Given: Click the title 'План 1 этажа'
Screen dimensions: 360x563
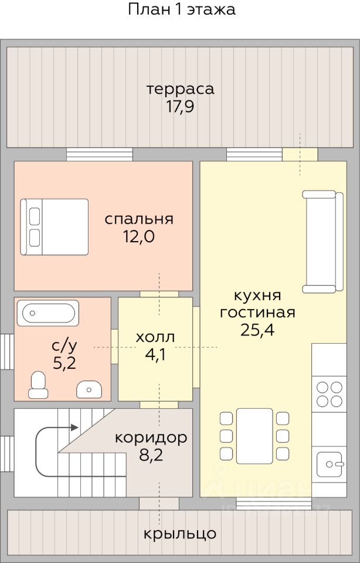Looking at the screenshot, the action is (182, 9).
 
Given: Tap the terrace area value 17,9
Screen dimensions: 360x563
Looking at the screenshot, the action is (180, 107).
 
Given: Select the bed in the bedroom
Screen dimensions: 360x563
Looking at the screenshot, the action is (54, 227).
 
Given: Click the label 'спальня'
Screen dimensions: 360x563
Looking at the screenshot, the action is (139, 219).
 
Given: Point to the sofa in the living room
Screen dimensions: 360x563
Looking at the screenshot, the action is (322, 242).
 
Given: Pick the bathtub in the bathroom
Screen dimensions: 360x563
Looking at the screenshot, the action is (47, 313).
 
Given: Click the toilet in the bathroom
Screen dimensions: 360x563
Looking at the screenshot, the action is (38, 385).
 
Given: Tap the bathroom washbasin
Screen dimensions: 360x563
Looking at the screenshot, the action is (89, 389).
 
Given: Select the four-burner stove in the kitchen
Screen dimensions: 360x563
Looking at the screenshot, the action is (329, 394).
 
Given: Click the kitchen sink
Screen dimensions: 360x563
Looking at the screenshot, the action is (329, 464).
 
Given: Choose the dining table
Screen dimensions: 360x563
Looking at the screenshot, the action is (254, 436).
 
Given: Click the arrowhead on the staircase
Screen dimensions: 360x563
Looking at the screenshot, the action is (74, 428).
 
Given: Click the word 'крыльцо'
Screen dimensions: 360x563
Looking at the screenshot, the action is (180, 534).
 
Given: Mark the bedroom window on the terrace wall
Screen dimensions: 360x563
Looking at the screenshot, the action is (100, 154).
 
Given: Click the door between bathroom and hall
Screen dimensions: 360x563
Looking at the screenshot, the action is (114, 347).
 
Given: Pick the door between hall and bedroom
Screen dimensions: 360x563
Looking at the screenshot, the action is (159, 294).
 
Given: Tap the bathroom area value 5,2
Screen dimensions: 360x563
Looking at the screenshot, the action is (64, 364).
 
